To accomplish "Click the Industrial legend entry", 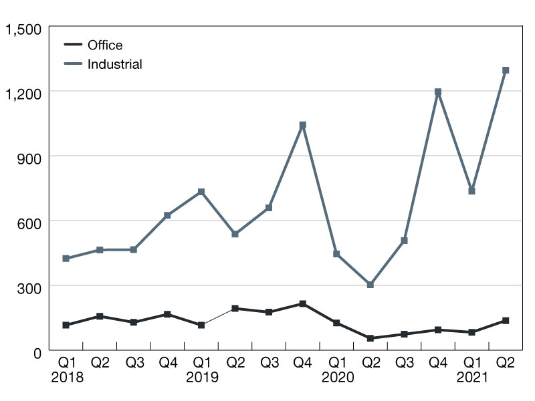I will click(x=114, y=64).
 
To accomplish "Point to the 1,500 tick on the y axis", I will click(x=23, y=29).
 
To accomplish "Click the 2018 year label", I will click(x=66, y=378).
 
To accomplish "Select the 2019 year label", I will click(x=201, y=378).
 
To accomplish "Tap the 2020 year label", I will click(x=336, y=378).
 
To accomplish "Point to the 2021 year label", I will click(x=471, y=378).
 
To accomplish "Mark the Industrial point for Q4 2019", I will click(x=303, y=125).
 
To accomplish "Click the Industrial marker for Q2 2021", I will click(x=506, y=70).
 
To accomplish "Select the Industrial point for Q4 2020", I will click(x=438, y=92).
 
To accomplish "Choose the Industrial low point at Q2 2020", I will click(x=370, y=285).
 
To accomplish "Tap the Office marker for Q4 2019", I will click(x=303, y=304).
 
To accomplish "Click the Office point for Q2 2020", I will click(x=370, y=338).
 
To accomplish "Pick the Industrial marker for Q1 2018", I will click(x=66, y=258).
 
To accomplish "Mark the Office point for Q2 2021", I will click(x=506, y=321).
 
